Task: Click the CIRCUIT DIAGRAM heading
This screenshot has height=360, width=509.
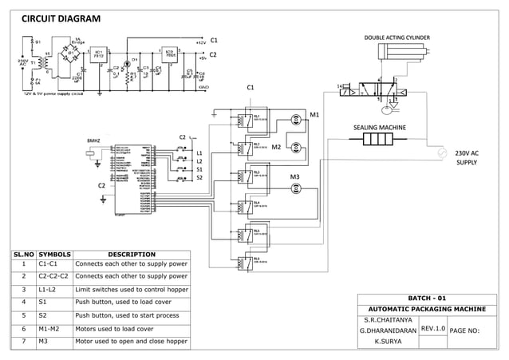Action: [x=61, y=18]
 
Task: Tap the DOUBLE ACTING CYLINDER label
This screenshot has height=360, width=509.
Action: [x=397, y=38]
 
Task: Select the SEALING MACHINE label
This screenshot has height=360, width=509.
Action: [x=380, y=127]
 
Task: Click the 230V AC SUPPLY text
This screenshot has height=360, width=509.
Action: [x=467, y=157]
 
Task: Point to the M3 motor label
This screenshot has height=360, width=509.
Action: [x=294, y=176]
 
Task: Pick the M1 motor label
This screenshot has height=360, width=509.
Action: [x=314, y=115]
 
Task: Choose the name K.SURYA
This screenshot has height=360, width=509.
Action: [x=387, y=341]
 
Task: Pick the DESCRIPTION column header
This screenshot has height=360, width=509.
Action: [x=131, y=255]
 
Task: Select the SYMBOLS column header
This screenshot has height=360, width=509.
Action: [x=55, y=255]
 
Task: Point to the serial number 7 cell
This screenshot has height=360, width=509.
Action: [x=25, y=341]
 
